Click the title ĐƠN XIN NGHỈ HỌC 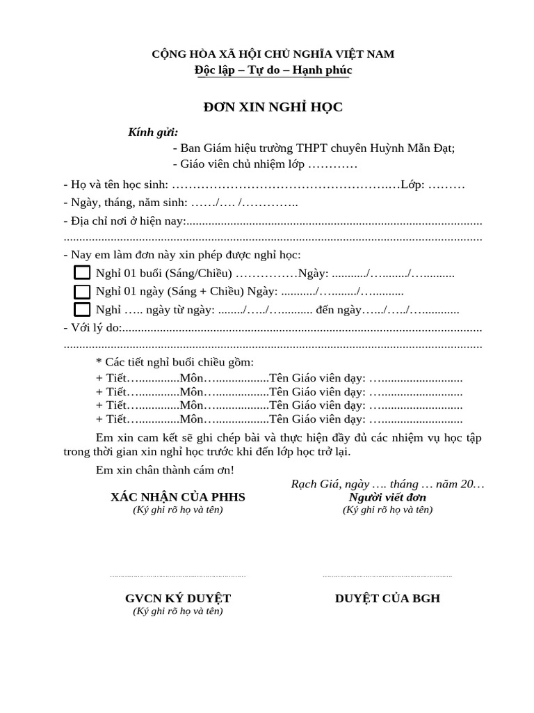[x=273, y=107]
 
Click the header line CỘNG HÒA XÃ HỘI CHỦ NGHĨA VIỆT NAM [x=273, y=54]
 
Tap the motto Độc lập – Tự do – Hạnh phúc [x=273, y=70]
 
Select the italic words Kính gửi [x=153, y=132]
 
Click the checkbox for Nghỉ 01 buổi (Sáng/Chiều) [x=82, y=273]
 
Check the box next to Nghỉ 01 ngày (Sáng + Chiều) [x=82, y=291]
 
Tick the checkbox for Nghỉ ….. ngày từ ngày [x=82, y=309]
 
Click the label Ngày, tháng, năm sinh [x=125, y=203]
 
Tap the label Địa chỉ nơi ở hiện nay [x=125, y=221]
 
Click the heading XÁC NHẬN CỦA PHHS [x=178, y=497]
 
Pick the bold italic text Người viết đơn [x=387, y=497]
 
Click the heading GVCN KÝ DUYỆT [x=178, y=599]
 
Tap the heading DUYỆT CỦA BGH [x=387, y=599]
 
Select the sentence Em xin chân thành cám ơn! [x=165, y=470]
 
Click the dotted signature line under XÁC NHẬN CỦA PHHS [x=178, y=576]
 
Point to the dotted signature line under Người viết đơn [x=387, y=576]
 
